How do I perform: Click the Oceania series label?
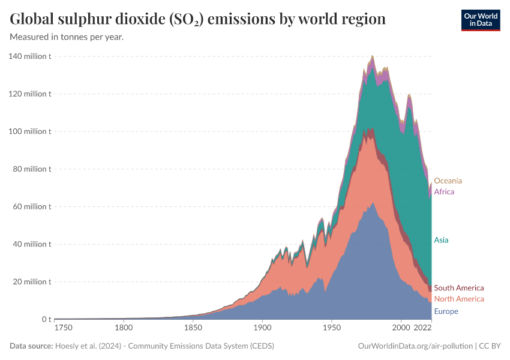(448, 181)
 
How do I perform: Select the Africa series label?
(444, 192)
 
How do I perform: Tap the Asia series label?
(441, 240)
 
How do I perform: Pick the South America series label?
(458, 288)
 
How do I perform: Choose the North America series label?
(458, 299)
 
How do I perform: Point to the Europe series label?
(446, 311)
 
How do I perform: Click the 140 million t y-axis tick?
(30, 56)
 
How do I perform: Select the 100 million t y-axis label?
(30, 131)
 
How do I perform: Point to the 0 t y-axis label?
(46, 319)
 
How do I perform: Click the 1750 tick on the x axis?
(63, 328)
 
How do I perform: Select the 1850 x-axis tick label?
(193, 328)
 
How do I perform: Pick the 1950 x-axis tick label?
(331, 328)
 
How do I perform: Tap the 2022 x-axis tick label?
(423, 328)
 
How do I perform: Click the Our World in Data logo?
(480, 20)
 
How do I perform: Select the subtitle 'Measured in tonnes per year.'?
(67, 37)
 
